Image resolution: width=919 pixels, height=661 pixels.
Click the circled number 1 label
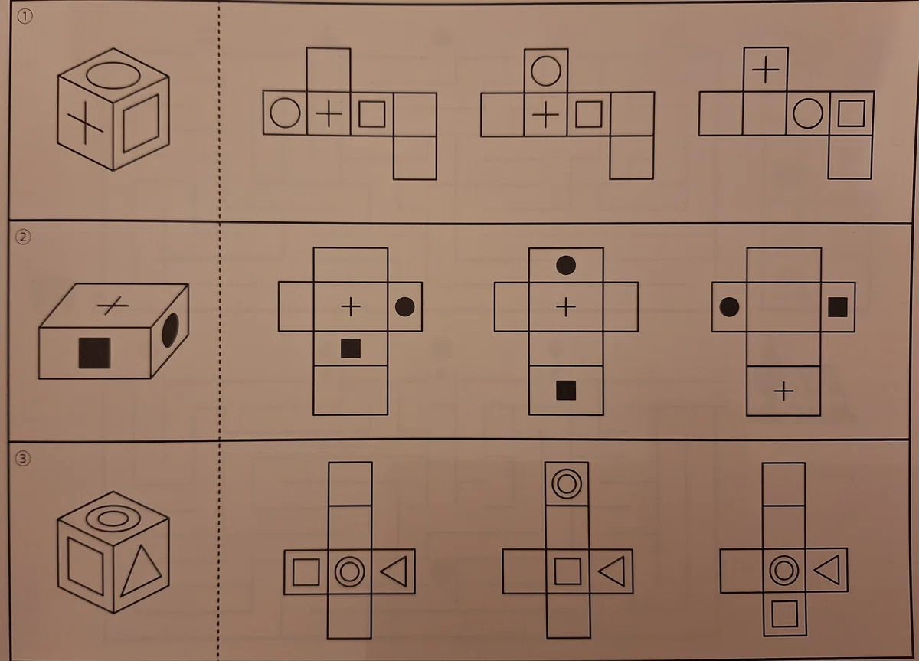(x=25, y=16)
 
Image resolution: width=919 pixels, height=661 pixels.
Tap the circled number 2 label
(x=24, y=237)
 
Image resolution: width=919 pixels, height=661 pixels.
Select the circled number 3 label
(x=23, y=458)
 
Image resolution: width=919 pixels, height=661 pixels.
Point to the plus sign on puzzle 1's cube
(x=85, y=123)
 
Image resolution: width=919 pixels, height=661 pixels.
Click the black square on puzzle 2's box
(x=95, y=353)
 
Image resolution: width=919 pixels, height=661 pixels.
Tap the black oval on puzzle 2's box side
(x=171, y=330)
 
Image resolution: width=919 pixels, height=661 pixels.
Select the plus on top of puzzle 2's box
(x=113, y=306)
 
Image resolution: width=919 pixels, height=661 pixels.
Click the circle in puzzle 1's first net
(x=285, y=113)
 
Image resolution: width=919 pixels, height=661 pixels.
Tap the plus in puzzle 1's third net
(x=766, y=70)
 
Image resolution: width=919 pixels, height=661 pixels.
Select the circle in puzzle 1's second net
(x=545, y=71)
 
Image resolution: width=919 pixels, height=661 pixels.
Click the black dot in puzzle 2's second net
(x=566, y=265)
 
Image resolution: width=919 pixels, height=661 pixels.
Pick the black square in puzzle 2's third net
(x=838, y=307)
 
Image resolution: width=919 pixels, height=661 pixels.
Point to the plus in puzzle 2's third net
(x=783, y=391)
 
